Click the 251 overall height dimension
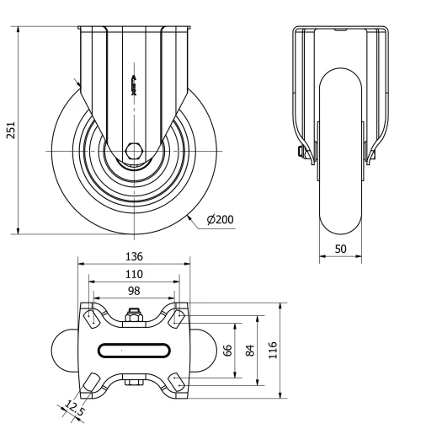9,131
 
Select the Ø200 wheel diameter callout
220,220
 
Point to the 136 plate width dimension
135,256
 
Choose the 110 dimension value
135,274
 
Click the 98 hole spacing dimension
135,290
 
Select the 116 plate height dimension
272,350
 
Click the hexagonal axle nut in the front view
135,152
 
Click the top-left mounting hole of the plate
91,318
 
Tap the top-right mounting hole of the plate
178,318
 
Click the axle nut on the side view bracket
301,153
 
